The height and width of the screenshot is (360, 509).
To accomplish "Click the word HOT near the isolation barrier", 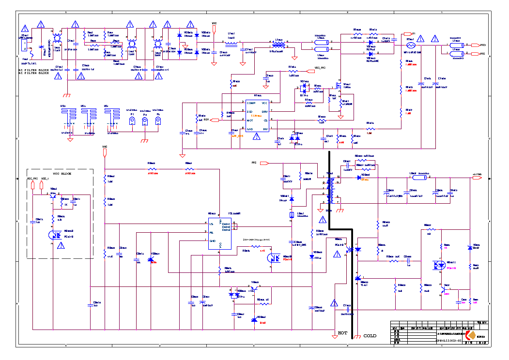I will click(x=342, y=333).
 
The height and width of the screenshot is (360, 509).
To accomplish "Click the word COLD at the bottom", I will click(x=370, y=335).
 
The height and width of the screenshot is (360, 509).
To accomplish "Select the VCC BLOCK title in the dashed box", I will click(x=62, y=173).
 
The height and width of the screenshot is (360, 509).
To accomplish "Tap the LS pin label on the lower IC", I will click(x=211, y=223).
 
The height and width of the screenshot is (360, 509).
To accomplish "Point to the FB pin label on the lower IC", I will click(x=211, y=232).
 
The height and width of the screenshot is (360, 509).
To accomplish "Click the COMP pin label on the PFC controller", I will click(x=250, y=103).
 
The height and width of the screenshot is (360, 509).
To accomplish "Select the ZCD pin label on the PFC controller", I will click(x=249, y=111).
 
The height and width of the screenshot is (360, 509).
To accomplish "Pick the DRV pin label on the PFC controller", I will click(x=265, y=111).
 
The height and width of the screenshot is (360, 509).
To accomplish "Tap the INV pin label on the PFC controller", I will click(x=265, y=129).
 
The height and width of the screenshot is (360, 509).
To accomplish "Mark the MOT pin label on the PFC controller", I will click(x=250, y=120).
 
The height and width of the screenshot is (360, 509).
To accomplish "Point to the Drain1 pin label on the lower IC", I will click(x=226, y=224).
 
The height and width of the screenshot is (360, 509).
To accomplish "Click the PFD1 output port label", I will click(x=483, y=45).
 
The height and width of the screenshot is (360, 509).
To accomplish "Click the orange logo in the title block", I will click(x=468, y=335).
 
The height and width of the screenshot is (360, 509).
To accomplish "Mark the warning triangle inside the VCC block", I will click(x=61, y=246).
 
